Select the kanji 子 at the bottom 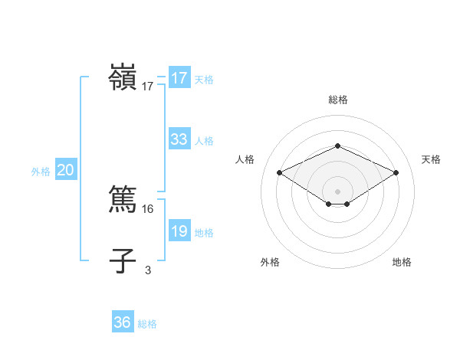(123, 260)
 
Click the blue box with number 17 (179, 78)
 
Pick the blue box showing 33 (179, 139)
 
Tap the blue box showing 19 (179, 232)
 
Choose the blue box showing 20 (66, 170)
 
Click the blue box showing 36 (123, 322)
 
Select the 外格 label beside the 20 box (41, 172)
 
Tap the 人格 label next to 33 (204, 141)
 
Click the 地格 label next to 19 (204, 233)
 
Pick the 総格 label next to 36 (147, 324)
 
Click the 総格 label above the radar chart (337, 100)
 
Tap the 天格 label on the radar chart (432, 159)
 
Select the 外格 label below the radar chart (270, 262)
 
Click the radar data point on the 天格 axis (396, 173)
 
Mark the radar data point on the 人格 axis (280, 173)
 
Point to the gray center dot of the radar (337, 191)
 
